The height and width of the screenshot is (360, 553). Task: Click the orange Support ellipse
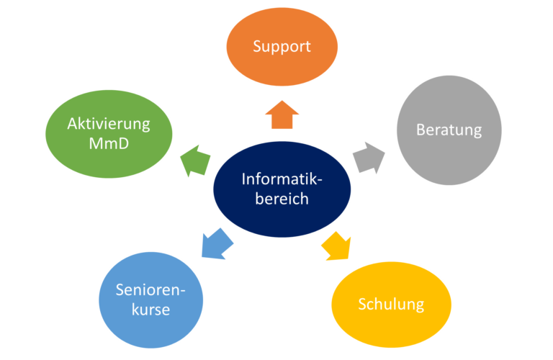282,47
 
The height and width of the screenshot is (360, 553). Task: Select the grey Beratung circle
449,130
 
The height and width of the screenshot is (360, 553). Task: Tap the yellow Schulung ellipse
391,304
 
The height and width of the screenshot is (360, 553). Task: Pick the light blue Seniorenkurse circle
151,300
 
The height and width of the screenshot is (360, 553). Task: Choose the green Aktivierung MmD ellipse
109,134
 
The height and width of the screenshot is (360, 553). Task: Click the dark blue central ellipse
282,189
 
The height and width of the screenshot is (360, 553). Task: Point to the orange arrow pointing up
282,114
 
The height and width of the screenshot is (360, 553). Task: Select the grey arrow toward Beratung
368,158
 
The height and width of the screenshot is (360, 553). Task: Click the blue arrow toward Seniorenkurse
216,243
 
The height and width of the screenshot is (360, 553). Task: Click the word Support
282,47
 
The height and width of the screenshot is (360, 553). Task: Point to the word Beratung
449,130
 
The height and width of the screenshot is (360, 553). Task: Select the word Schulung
391,304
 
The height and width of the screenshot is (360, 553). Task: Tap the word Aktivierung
109,124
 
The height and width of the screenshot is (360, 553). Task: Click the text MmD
109,145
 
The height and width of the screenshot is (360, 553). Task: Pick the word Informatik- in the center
282,179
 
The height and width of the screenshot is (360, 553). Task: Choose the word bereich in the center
282,199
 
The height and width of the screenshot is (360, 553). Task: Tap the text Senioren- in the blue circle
151,290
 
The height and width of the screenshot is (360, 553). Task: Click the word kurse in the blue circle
151,310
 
